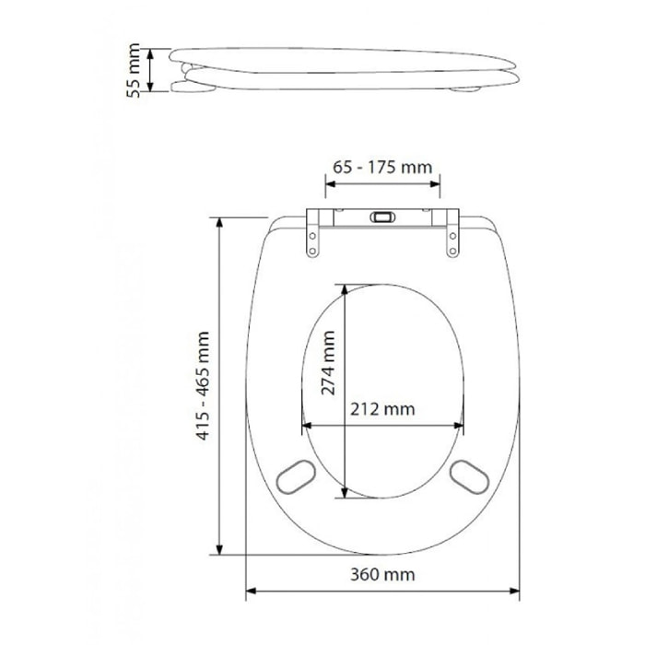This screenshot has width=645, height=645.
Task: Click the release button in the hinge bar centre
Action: tap(381, 218)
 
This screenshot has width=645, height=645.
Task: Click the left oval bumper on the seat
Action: tap(296, 475)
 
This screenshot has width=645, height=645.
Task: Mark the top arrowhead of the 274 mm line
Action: tap(345, 288)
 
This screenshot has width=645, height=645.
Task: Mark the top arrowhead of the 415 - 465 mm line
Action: tap(219, 222)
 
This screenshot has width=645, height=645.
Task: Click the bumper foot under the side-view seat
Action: tap(466, 89)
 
